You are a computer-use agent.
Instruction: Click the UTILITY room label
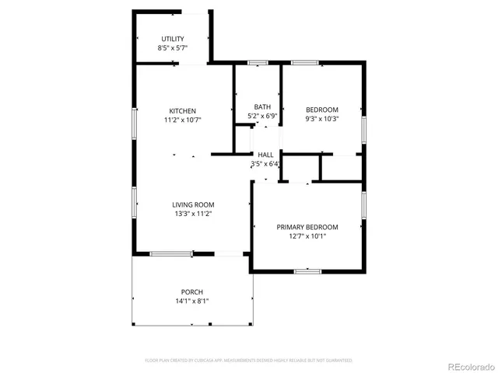coord(173,39)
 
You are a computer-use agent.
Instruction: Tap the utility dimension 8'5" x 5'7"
coord(173,48)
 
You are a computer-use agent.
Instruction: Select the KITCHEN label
coord(184,111)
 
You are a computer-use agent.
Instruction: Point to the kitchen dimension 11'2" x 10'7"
coord(184,120)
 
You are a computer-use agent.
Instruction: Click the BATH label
coord(261,107)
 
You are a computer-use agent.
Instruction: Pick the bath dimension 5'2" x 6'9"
coord(261,117)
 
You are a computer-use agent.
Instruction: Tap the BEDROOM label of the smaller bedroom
coord(321,110)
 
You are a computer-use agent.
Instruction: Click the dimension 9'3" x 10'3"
coord(321,119)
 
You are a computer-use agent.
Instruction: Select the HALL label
coord(265,155)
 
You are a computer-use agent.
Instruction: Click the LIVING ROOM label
coord(192,204)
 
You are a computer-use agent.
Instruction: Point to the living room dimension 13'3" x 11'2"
coord(192,214)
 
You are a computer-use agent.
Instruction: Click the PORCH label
coord(192,292)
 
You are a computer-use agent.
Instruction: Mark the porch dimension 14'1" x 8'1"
coord(192,302)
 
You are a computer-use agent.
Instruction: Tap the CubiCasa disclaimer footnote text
coord(249,361)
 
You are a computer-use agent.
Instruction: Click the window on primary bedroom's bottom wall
coord(307,270)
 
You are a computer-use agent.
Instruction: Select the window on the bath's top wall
coord(258,62)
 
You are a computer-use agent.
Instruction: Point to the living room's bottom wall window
coord(172,253)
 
